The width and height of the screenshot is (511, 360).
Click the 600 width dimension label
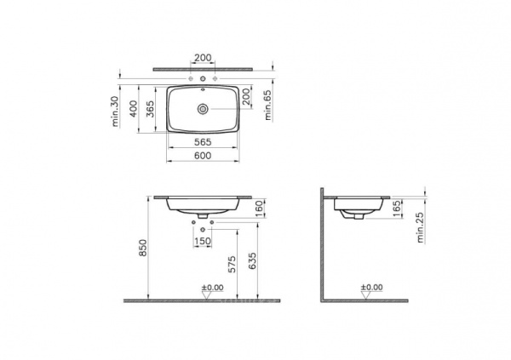(202, 156)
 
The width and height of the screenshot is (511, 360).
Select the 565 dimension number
(202, 142)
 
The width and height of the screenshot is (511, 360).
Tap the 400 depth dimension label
(133, 109)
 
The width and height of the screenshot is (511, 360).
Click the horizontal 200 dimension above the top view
(203, 58)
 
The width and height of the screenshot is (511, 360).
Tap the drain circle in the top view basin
(203, 109)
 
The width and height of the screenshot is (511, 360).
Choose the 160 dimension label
(258, 209)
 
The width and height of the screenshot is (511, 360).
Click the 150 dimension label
(203, 241)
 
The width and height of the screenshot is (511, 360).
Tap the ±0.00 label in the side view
(372, 288)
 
